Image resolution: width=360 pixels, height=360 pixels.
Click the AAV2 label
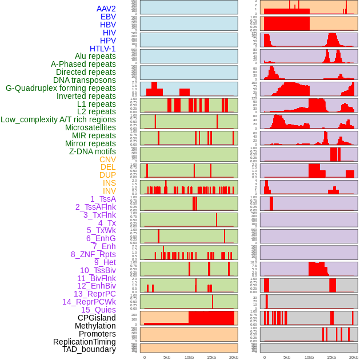click(x=106, y=9)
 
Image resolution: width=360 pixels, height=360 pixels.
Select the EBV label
click(x=108, y=17)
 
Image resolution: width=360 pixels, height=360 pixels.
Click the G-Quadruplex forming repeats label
click(x=61, y=88)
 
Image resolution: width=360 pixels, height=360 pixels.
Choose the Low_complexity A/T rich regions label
click(x=58, y=119)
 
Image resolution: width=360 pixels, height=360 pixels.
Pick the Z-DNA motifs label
click(x=93, y=151)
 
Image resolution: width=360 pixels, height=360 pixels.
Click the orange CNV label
click(x=107, y=159)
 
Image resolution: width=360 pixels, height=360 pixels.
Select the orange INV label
click(x=109, y=191)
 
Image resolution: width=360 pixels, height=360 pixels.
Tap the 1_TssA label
click(x=103, y=199)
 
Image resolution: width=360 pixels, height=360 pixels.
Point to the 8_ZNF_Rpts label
click(x=93, y=254)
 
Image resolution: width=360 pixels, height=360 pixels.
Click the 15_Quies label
click(x=98, y=310)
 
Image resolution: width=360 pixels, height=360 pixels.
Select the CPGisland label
click(x=97, y=318)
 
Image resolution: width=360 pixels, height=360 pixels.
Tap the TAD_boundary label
click(x=89, y=349)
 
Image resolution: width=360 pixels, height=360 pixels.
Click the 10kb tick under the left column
click(x=189, y=357)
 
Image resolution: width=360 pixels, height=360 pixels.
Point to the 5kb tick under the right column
click(x=287, y=357)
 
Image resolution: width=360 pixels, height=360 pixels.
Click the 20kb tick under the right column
click(x=354, y=357)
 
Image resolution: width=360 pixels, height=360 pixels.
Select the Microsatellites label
click(x=90, y=127)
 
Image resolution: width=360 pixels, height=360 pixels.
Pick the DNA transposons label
click(x=85, y=80)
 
